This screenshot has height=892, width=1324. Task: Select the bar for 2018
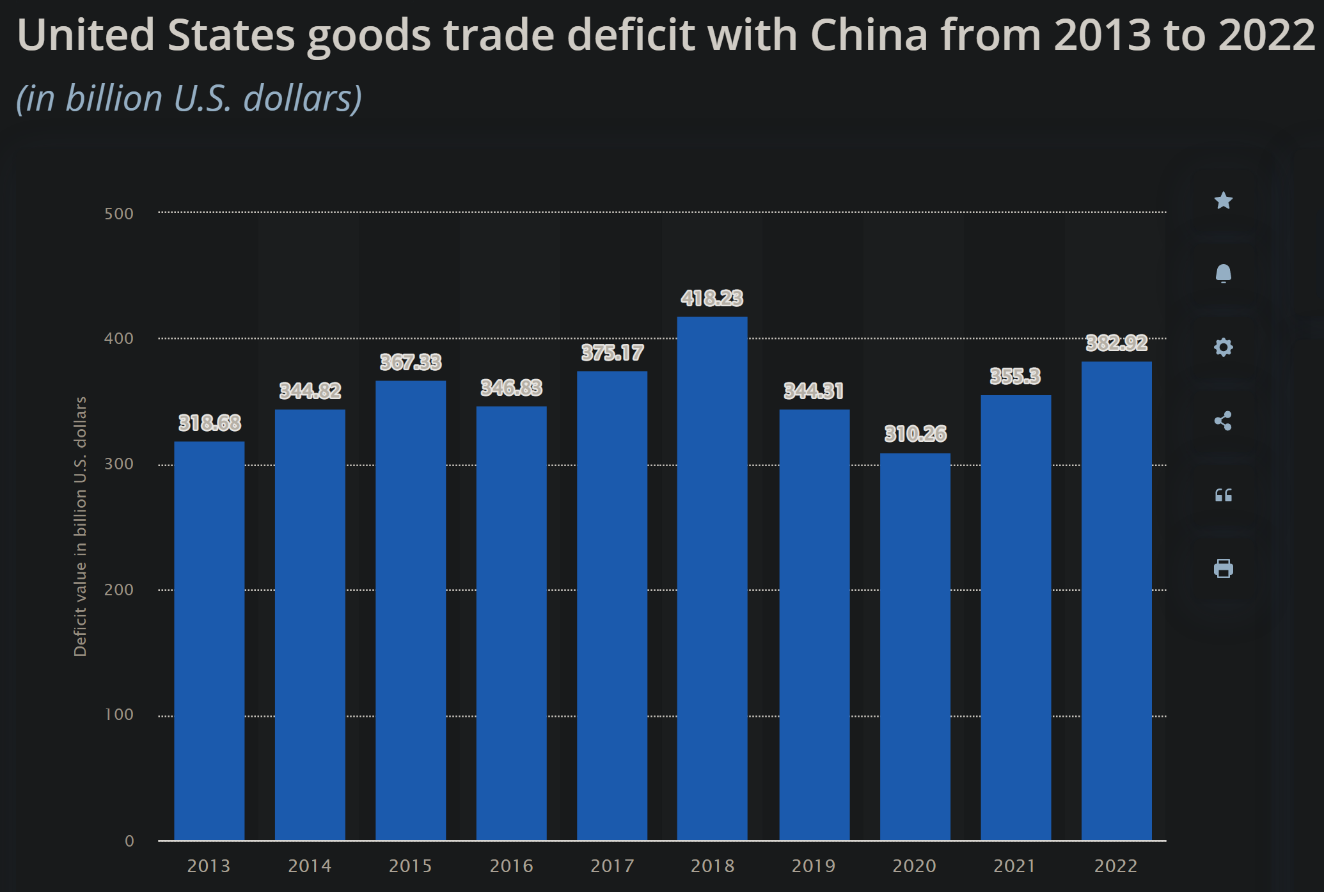(712, 579)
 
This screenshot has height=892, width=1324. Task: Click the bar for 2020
(915, 646)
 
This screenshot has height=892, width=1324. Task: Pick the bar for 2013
(209, 639)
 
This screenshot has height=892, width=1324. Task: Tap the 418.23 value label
(712, 298)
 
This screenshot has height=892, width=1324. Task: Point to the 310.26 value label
(915, 434)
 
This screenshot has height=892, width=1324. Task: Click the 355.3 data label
(1015, 376)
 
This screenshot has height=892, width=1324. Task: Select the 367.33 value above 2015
(411, 363)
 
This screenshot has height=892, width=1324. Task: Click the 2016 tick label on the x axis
(511, 866)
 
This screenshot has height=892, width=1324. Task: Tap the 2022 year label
(1115, 866)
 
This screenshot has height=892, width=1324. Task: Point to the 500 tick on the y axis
(119, 214)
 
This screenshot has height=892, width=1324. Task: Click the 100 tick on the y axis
(119, 714)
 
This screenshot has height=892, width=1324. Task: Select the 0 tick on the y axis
(129, 841)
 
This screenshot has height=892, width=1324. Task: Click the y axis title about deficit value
(80, 526)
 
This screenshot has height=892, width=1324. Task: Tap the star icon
(1223, 201)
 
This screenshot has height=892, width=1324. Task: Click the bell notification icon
(1223, 274)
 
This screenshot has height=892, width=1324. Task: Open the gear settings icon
(1223, 347)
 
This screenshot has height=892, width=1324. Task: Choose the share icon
(1223, 421)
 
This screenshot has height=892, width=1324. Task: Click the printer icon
(1223, 568)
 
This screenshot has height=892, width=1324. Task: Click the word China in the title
(869, 35)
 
